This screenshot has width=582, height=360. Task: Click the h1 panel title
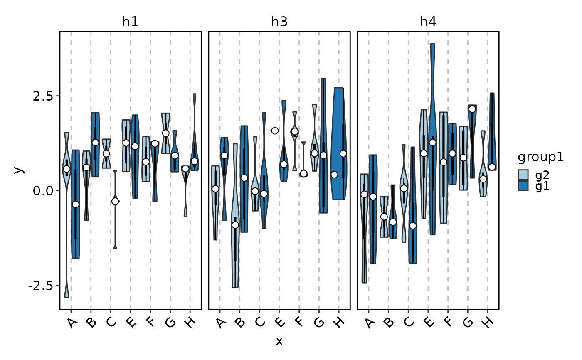point(130,22)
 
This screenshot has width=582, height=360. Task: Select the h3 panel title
point(279,22)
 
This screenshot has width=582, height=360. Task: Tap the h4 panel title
point(428,22)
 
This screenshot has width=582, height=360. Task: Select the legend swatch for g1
point(523,186)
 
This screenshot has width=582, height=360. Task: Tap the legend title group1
point(540,158)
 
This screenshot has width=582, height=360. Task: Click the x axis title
point(279,342)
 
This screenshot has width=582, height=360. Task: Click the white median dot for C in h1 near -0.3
point(115,201)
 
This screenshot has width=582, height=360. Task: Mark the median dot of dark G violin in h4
point(472,109)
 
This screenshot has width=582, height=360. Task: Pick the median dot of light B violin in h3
point(235,225)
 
